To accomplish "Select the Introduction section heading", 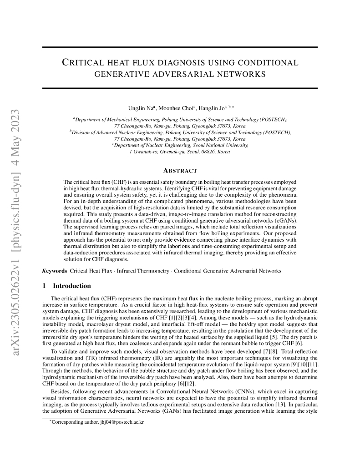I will coord(72,286).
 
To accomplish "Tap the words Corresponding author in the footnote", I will coord(72,423).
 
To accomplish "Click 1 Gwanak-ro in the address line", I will coord(143,152).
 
